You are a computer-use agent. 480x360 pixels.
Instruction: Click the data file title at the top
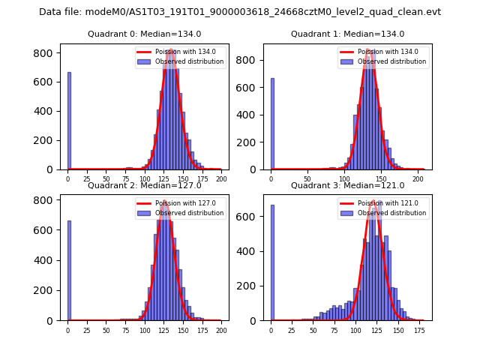[x=240, y=12]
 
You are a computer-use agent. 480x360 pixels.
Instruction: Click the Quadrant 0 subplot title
[x=144, y=34]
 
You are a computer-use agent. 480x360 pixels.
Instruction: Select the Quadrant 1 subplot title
[x=347, y=34]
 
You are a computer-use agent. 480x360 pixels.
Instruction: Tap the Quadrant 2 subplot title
[x=144, y=185]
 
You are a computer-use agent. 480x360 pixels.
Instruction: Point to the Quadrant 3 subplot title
[x=347, y=185]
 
